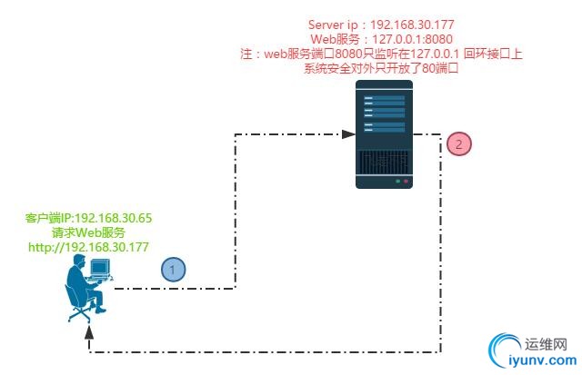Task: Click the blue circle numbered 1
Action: pos(174,269)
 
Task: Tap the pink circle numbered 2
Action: pos(459,143)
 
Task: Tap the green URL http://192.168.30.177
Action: pos(88,246)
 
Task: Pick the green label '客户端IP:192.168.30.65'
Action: pos(88,219)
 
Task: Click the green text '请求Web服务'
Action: pos(88,232)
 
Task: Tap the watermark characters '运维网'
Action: pos(547,345)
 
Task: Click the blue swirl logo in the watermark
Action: pos(506,351)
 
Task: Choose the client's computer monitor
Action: pos(100,268)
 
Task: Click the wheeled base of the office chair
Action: pos(80,313)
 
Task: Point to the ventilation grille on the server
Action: pos(383,162)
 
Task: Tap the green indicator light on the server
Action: pos(396,181)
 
